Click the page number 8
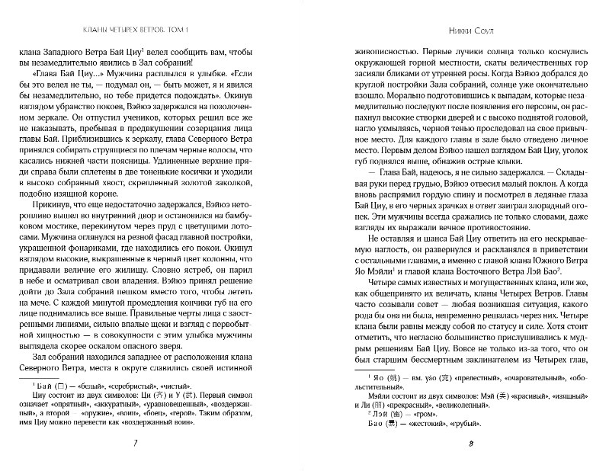pyautogui.click(x=450, y=445)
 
